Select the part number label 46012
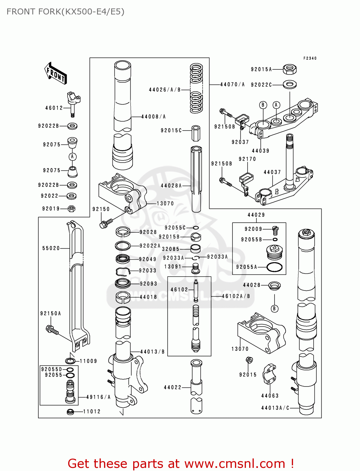(x=54, y=108)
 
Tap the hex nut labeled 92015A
(x=290, y=69)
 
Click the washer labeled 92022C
(x=290, y=84)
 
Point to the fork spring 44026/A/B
(x=196, y=89)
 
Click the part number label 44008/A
(x=153, y=117)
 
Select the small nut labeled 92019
(x=71, y=208)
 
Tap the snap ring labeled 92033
(x=123, y=271)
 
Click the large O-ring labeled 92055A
(x=274, y=267)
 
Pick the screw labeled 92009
(x=275, y=230)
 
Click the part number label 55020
(x=51, y=248)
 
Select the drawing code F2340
(x=310, y=58)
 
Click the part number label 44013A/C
(x=275, y=408)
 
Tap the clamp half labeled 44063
(x=269, y=374)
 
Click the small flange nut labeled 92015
(x=249, y=360)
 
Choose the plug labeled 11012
(x=70, y=412)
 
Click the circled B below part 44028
(x=274, y=309)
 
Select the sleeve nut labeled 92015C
(x=196, y=133)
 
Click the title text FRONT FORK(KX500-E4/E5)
(x=65, y=12)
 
